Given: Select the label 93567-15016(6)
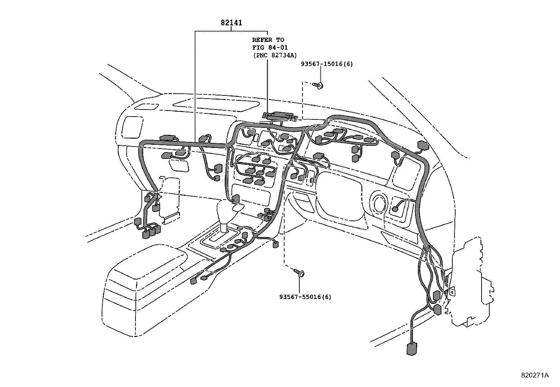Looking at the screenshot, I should [327, 64].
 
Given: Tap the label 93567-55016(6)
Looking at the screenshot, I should [305, 297].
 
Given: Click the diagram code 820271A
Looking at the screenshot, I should [535, 375].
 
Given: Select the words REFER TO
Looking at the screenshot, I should [268, 40].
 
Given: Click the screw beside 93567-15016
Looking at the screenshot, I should [320, 85].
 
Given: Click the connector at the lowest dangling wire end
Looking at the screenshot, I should [410, 349].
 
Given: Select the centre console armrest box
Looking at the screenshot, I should [148, 278].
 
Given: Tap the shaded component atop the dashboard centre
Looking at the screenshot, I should [280, 115].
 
